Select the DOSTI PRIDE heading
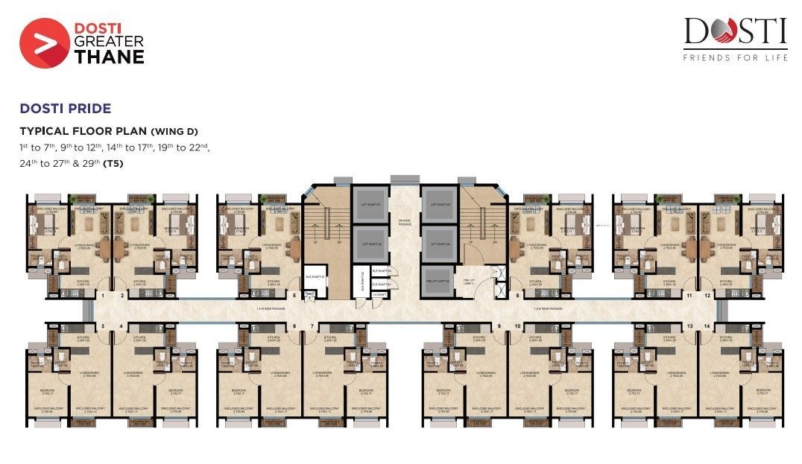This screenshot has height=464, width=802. click(66, 109)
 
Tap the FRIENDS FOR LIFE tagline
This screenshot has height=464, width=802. click(735, 58)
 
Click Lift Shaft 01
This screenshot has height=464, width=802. click(372, 203)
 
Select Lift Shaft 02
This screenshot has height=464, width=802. click(372, 243)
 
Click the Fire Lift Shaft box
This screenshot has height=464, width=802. click(437, 280)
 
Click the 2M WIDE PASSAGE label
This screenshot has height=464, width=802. click(404, 221)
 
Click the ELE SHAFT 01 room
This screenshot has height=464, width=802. click(312, 274)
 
